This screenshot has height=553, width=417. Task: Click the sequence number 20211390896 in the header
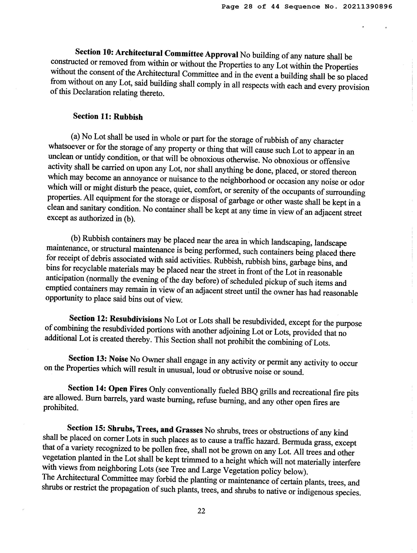coord(367,7)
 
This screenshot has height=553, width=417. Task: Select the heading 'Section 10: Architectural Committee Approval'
coord(157,53)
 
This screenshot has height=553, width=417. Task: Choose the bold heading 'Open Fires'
coord(128,389)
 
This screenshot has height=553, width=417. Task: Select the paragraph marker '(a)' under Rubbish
coord(75,136)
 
